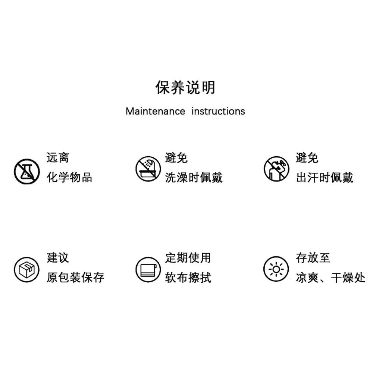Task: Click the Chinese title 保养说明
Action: coord(185,88)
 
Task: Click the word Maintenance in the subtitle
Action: coord(155,111)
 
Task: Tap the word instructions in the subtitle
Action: coord(218,111)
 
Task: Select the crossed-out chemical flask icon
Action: coord(26,171)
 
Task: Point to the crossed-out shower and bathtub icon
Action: coord(148,169)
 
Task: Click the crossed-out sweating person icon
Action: coord(276,169)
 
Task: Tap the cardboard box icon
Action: coord(26,270)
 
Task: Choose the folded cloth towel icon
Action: coord(148,270)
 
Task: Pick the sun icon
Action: coord(276,269)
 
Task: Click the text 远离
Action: coord(58,158)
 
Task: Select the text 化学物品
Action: coord(69,178)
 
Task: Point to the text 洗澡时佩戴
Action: coord(194,178)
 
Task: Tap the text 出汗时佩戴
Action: coord(325,178)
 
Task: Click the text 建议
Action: coord(58,258)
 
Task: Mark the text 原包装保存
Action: coord(75,278)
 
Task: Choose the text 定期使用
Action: coord(188,258)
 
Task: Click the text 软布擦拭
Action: coord(188,278)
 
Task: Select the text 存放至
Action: coord(313,258)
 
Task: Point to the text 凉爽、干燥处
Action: coord(330,278)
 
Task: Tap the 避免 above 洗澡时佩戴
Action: coord(176,158)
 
